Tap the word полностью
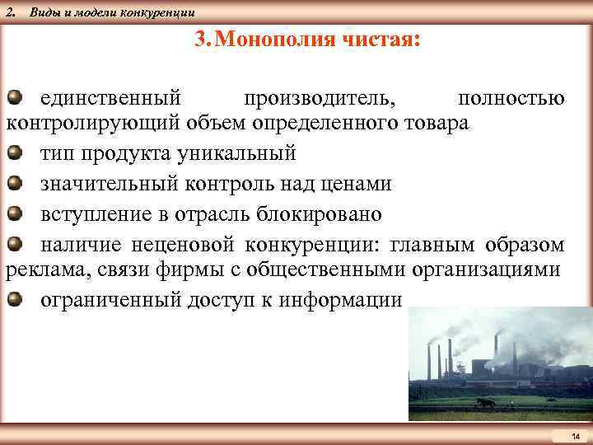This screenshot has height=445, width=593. (511, 98)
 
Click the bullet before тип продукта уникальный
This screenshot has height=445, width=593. (15, 153)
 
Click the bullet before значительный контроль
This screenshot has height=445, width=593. (15, 184)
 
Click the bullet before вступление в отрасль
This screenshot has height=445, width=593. (15, 214)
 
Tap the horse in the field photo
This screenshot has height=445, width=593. (486, 404)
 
